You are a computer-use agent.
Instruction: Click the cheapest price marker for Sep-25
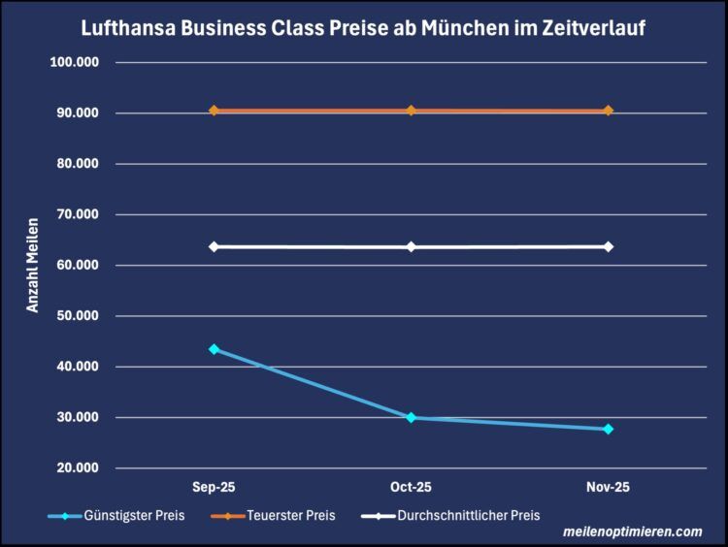tap(214, 349)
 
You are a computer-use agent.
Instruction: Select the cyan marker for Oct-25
tap(411, 417)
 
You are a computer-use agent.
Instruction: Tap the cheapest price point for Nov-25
tap(608, 429)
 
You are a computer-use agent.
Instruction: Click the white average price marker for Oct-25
tap(411, 246)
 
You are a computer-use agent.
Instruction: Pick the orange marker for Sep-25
tap(214, 111)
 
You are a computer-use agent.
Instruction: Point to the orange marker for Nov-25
tap(608, 111)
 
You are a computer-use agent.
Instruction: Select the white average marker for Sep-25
tap(214, 246)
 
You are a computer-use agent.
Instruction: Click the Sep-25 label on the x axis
tap(214, 488)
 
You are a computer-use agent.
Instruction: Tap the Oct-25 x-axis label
tap(411, 488)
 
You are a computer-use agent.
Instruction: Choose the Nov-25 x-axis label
tap(608, 488)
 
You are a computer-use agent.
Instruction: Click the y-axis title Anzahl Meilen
tap(32, 264)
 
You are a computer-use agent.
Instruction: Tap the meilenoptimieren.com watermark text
tap(632, 531)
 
